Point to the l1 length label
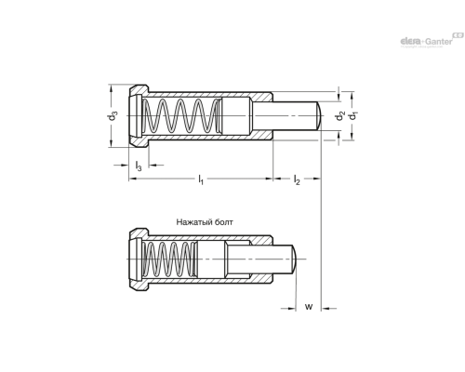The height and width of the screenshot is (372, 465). (x=201, y=179)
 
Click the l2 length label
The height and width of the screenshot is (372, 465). (x=297, y=179)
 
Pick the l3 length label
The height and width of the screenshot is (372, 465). (x=139, y=165)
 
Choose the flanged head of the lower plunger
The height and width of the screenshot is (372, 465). (x=135, y=260)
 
